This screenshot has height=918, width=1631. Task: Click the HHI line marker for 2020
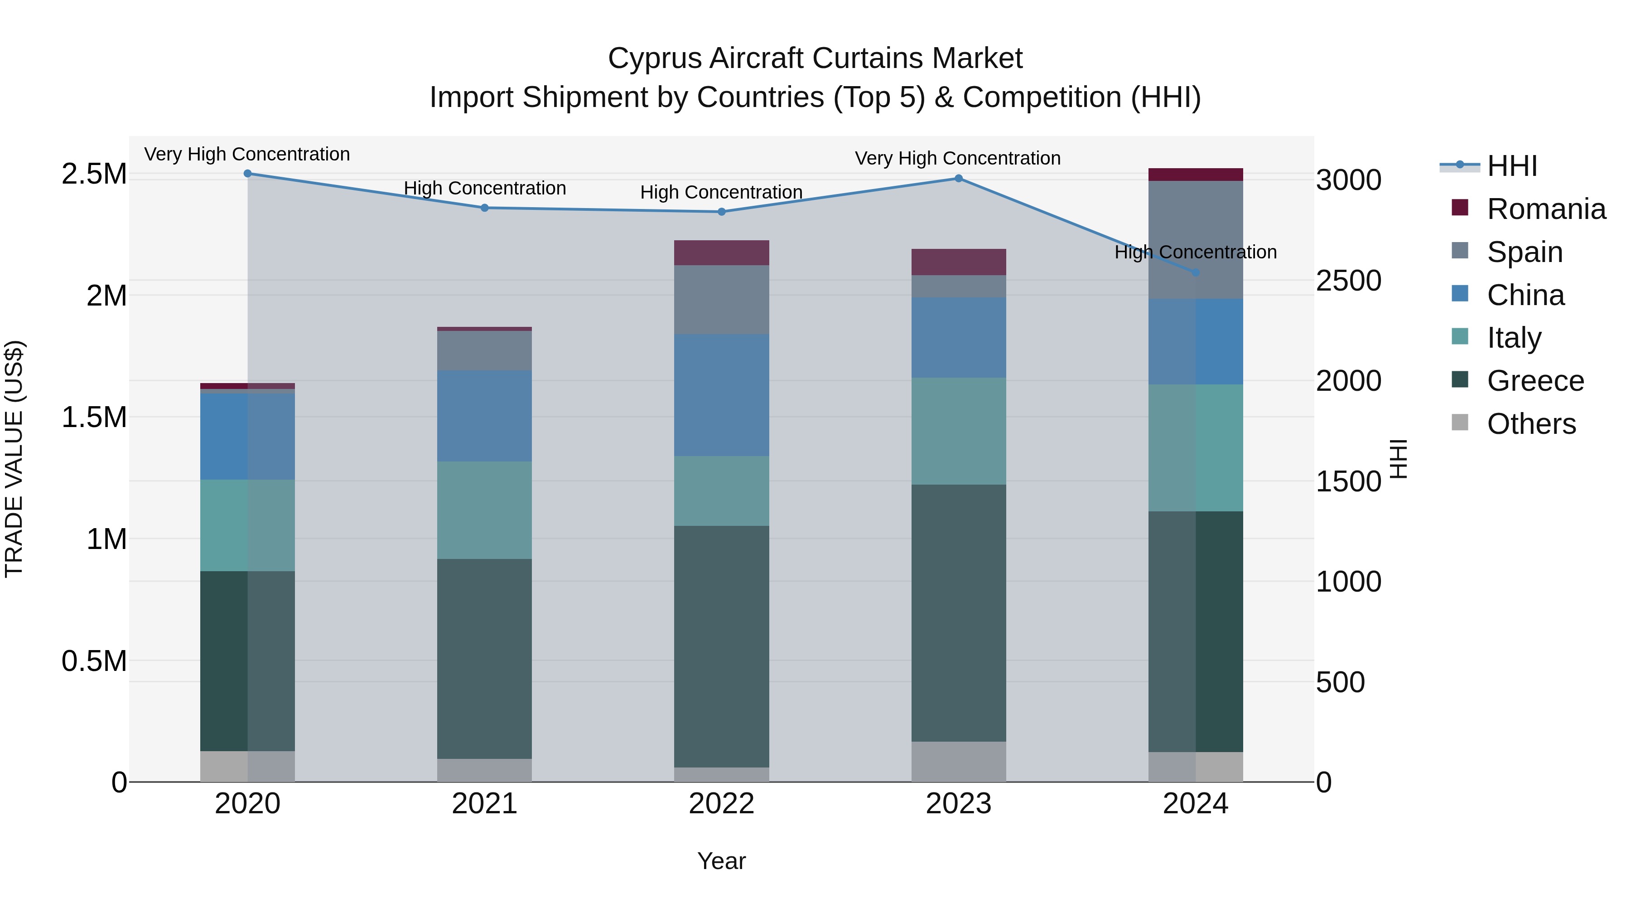coord(247,174)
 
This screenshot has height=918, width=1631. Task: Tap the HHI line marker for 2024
coord(1196,272)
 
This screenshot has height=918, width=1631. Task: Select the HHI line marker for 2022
coord(721,212)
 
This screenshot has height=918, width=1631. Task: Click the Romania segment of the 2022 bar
coord(721,253)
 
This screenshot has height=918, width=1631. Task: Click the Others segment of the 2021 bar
coord(484,770)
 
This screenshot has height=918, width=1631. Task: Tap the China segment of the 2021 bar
coord(484,416)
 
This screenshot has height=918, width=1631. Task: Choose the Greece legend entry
coord(1535,381)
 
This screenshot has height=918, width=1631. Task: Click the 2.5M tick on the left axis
coord(94,174)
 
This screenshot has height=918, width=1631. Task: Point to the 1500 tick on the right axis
coord(1349,481)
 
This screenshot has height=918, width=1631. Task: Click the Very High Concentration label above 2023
coord(957,158)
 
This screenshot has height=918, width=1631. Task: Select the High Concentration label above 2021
coord(484,188)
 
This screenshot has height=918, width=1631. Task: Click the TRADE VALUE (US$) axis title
coord(14,459)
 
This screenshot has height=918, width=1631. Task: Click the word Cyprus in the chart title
coord(655,58)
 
